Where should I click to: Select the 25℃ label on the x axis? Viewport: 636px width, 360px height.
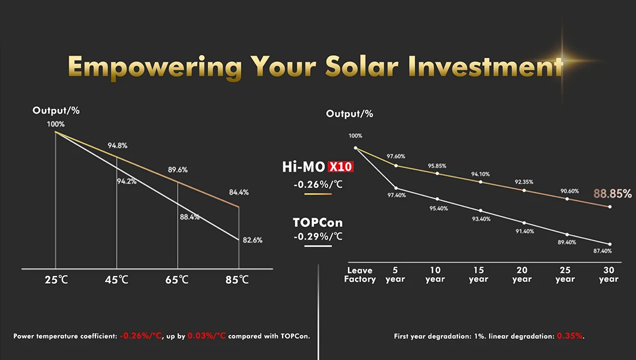click(55, 280)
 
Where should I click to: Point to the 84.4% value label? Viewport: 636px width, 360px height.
click(239, 193)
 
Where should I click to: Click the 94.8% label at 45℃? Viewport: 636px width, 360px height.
click(117, 146)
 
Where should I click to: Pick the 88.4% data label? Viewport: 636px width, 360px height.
click(190, 217)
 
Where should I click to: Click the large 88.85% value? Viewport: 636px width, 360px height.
click(612, 194)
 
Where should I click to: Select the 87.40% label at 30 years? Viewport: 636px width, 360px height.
click(602, 251)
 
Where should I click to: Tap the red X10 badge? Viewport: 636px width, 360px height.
click(340, 167)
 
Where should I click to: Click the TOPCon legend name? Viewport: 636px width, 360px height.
click(317, 223)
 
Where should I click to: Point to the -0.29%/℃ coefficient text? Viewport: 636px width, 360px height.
click(318, 236)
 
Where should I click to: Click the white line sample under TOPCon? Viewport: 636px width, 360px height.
click(317, 245)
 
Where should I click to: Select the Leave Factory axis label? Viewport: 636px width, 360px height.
click(360, 275)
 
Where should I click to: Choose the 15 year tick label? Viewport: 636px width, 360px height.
click(478, 275)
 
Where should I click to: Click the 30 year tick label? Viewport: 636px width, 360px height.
click(608, 275)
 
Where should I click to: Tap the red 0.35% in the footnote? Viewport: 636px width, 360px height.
click(570, 336)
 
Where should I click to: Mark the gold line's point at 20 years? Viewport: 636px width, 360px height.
click(524, 190)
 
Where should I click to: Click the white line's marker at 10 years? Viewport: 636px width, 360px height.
click(437, 199)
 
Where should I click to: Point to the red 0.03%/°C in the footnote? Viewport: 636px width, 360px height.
click(206, 336)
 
